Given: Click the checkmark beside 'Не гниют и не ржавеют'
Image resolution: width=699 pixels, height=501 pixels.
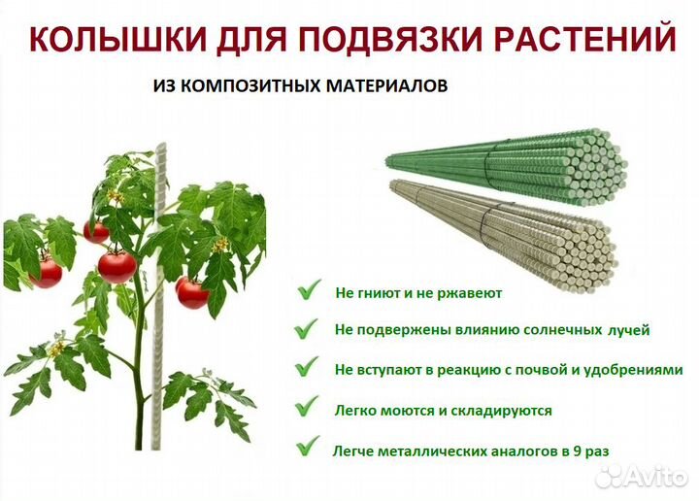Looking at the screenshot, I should pos(310,289).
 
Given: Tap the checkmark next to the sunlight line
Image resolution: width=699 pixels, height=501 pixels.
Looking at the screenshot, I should pos(310,329).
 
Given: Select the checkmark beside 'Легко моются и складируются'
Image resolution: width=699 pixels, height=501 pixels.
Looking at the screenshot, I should pos(310,409).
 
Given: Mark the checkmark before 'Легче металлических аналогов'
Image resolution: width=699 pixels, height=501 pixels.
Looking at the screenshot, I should pos(310,449).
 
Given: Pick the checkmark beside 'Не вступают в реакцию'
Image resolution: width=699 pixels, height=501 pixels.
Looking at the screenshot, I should pos(310,369).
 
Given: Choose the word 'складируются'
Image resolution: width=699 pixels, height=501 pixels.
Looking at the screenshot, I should pos(506,411).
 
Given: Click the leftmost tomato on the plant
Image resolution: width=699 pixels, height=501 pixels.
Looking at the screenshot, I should pos(46,271).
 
